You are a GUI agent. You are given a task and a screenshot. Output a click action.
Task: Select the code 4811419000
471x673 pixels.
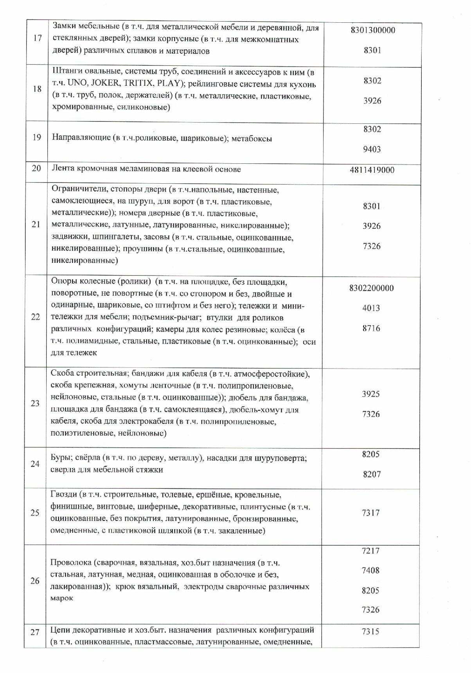(x=372, y=170)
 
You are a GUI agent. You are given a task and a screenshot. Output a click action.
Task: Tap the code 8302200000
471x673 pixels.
(x=371, y=288)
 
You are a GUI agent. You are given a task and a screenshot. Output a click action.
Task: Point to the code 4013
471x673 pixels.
(x=371, y=308)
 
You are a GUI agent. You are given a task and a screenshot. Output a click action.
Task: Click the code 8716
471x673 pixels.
(x=371, y=328)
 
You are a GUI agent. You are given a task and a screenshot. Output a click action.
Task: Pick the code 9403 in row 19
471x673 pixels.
(x=372, y=149)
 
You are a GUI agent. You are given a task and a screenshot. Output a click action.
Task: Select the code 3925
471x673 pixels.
(x=371, y=394)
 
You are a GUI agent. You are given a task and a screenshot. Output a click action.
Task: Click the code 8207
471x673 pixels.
(x=371, y=474)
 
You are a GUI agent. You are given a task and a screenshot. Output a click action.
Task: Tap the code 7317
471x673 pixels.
(x=371, y=513)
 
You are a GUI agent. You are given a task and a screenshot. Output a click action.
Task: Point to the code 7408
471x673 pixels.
(x=371, y=570)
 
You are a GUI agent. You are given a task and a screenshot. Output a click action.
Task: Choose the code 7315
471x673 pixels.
(x=371, y=631)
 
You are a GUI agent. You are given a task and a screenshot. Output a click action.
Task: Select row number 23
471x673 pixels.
(x=35, y=403)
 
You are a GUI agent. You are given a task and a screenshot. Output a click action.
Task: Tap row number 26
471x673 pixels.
(x=35, y=581)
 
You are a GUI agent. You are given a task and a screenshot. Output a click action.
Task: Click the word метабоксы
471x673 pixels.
(x=252, y=138)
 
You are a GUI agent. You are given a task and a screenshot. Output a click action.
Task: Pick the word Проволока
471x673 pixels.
(x=70, y=563)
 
